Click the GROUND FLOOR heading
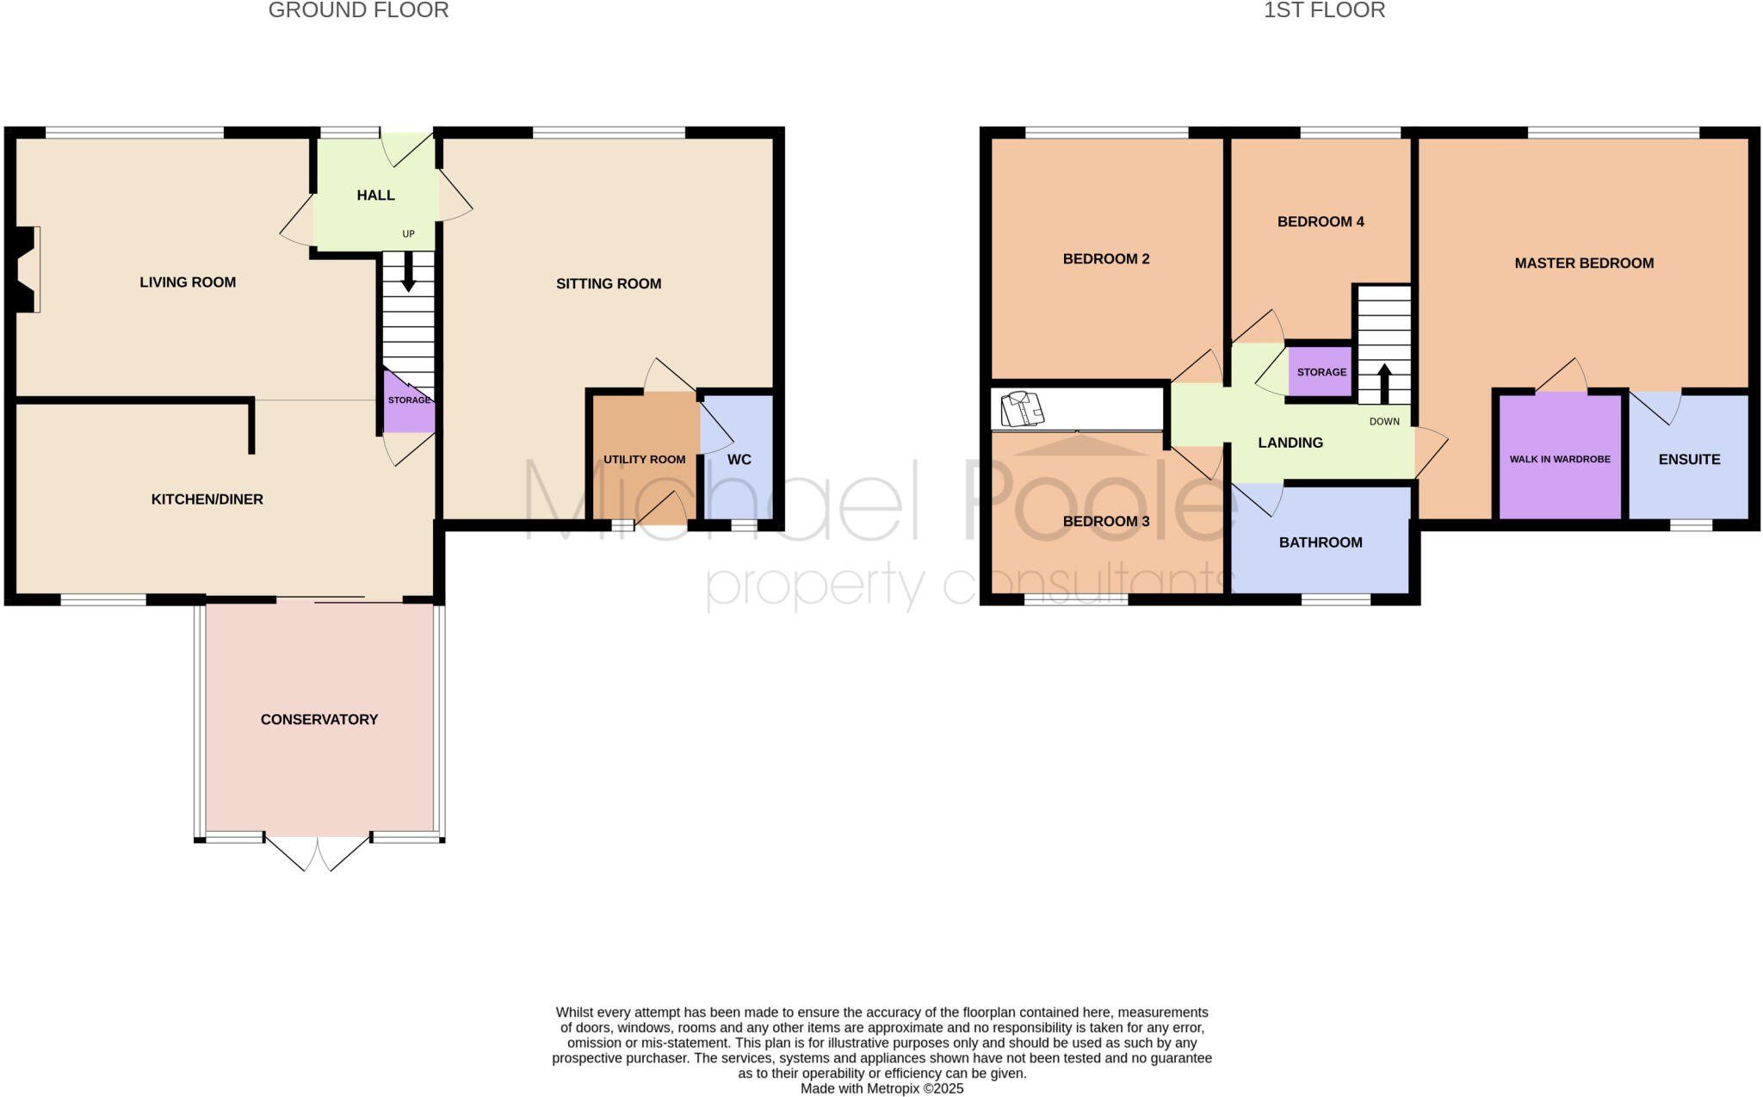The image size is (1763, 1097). click(358, 10)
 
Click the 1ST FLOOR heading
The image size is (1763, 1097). click(1324, 10)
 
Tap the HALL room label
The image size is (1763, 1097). click(375, 195)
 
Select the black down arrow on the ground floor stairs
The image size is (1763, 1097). click(409, 271)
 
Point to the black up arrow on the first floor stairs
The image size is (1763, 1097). click(1384, 383)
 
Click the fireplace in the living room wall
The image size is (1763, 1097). click(26, 269)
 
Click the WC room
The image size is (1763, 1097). click(739, 459)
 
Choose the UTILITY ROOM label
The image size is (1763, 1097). click(644, 459)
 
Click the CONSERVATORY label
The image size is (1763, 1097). click(319, 719)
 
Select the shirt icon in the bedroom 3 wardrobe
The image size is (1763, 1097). click(1022, 409)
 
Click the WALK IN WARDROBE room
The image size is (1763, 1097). click(1559, 459)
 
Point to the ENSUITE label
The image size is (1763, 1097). click(1689, 459)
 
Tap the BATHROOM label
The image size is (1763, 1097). click(1321, 542)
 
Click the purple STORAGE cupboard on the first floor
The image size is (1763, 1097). click(1321, 372)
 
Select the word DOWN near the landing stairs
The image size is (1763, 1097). click(1384, 422)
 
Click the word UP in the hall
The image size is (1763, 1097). click(408, 234)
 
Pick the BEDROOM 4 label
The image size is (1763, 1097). click(1321, 221)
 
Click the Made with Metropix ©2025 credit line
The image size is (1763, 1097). click(881, 1088)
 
